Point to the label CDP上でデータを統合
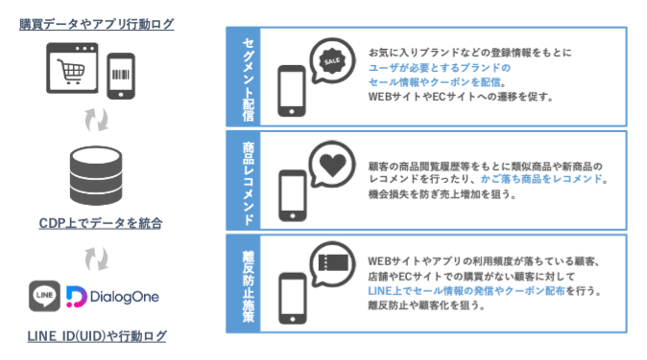pyautogui.click(x=97, y=221)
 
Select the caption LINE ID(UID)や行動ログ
pyautogui.click(x=97, y=336)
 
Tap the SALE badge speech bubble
pyautogui.click(x=331, y=60)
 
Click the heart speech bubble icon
pyautogui.click(x=331, y=162)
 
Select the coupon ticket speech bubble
pyautogui.click(x=331, y=264)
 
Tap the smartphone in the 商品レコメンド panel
pyautogui.click(x=290, y=194)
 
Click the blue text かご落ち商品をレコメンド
pyautogui.click(x=545, y=179)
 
